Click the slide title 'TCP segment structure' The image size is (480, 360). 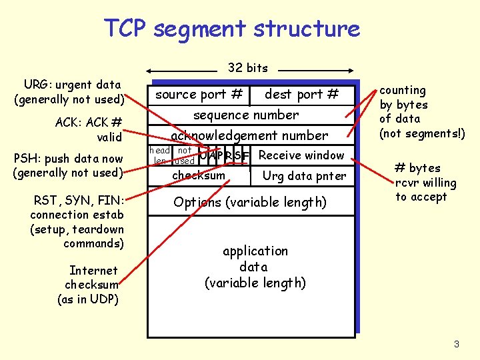(x=231, y=29)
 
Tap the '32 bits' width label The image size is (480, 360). (x=247, y=67)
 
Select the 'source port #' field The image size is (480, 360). (x=198, y=95)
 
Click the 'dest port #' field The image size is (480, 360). (x=301, y=95)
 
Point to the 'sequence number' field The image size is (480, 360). (x=246, y=115)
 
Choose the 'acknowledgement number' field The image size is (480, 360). (x=249, y=135)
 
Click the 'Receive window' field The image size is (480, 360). (x=301, y=155)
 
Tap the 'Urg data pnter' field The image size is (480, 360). (x=304, y=176)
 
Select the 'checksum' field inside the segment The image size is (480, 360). (x=199, y=175)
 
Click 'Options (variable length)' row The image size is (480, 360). (x=249, y=202)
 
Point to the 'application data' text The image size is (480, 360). (x=255, y=267)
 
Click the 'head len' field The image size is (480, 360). (x=159, y=155)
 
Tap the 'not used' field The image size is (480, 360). (x=184, y=155)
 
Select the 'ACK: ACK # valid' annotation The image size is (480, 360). (x=90, y=129)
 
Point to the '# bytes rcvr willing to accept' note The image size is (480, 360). (x=425, y=183)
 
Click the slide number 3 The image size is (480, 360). (x=457, y=344)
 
